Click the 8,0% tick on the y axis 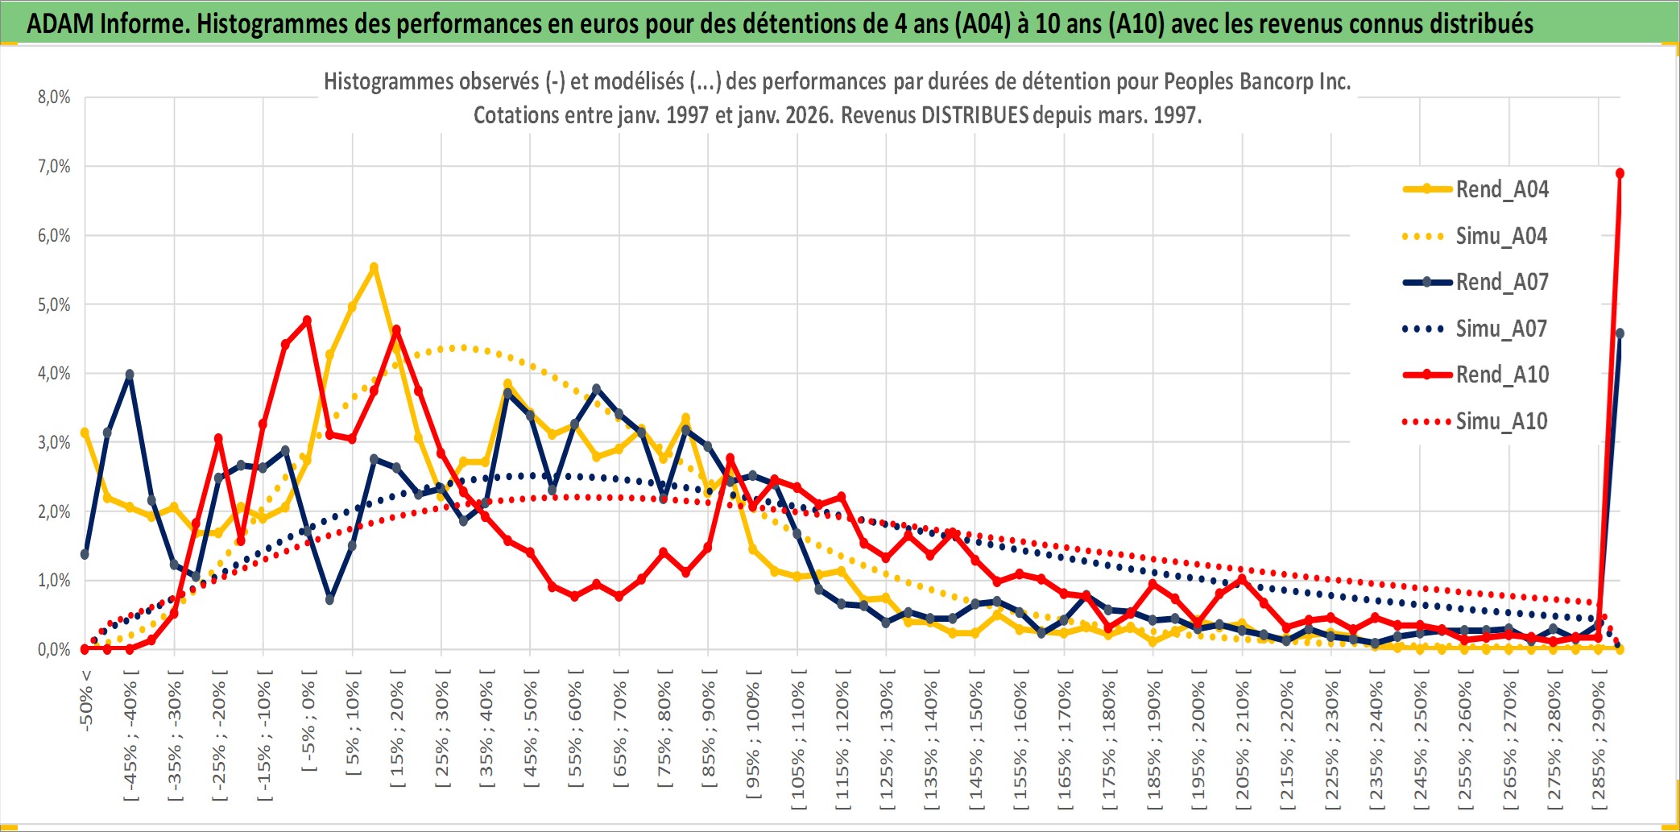click(54, 97)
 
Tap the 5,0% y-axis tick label click(54, 304)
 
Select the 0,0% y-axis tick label click(54, 649)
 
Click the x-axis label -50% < click(86, 700)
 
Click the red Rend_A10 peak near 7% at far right click(1620, 173)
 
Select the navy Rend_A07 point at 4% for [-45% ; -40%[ click(130, 375)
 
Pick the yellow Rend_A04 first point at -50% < click(85, 433)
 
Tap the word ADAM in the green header click(60, 23)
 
